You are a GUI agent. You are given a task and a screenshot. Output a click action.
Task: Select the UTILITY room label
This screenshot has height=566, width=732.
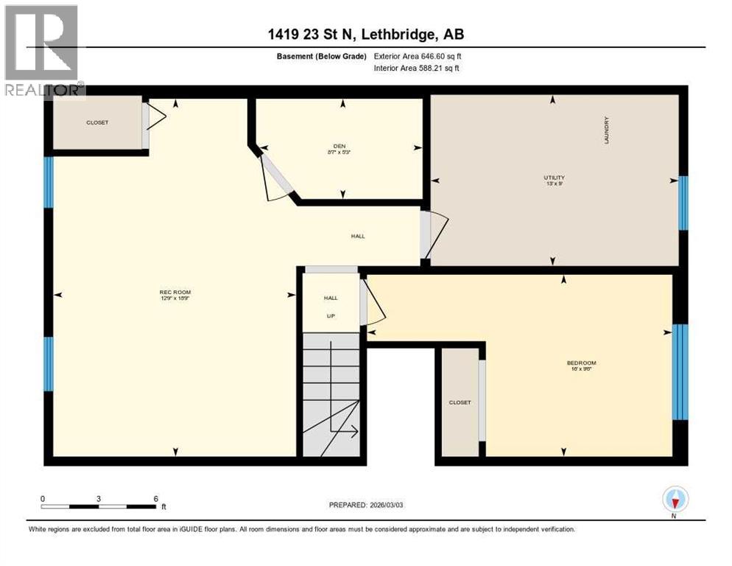[554, 177]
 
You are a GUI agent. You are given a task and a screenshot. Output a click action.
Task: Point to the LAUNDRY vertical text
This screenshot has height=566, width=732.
[607, 130]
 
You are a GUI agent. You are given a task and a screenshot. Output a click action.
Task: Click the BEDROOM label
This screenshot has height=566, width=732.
[581, 363]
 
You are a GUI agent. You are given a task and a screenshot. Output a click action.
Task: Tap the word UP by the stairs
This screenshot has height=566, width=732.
[331, 315]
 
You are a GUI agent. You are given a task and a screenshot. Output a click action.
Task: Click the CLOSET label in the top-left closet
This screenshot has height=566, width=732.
[96, 122]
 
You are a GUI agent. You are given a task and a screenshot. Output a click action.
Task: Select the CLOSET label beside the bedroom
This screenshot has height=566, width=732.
[460, 402]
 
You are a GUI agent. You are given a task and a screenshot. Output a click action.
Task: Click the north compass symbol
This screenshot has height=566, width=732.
[675, 500]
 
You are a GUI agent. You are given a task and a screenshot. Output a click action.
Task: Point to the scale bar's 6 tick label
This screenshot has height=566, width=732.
[156, 498]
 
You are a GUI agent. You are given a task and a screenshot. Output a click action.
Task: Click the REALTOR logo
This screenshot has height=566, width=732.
[42, 52]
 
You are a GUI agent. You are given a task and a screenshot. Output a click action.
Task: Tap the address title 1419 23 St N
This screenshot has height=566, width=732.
[366, 34]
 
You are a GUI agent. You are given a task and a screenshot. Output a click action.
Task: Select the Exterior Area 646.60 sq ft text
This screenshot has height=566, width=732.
[418, 56]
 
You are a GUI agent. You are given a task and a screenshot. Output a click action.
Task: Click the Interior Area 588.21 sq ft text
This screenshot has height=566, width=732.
[418, 69]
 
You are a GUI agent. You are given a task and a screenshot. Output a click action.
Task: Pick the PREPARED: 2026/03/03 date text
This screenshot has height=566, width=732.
[366, 505]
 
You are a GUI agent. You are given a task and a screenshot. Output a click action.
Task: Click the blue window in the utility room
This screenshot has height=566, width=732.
[683, 203]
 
